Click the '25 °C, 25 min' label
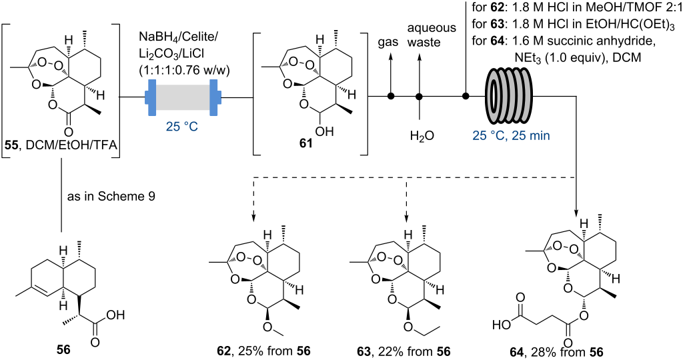[512, 136]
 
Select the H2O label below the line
[422, 136]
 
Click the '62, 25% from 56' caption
[263, 351]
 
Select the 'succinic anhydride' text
[591, 43]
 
